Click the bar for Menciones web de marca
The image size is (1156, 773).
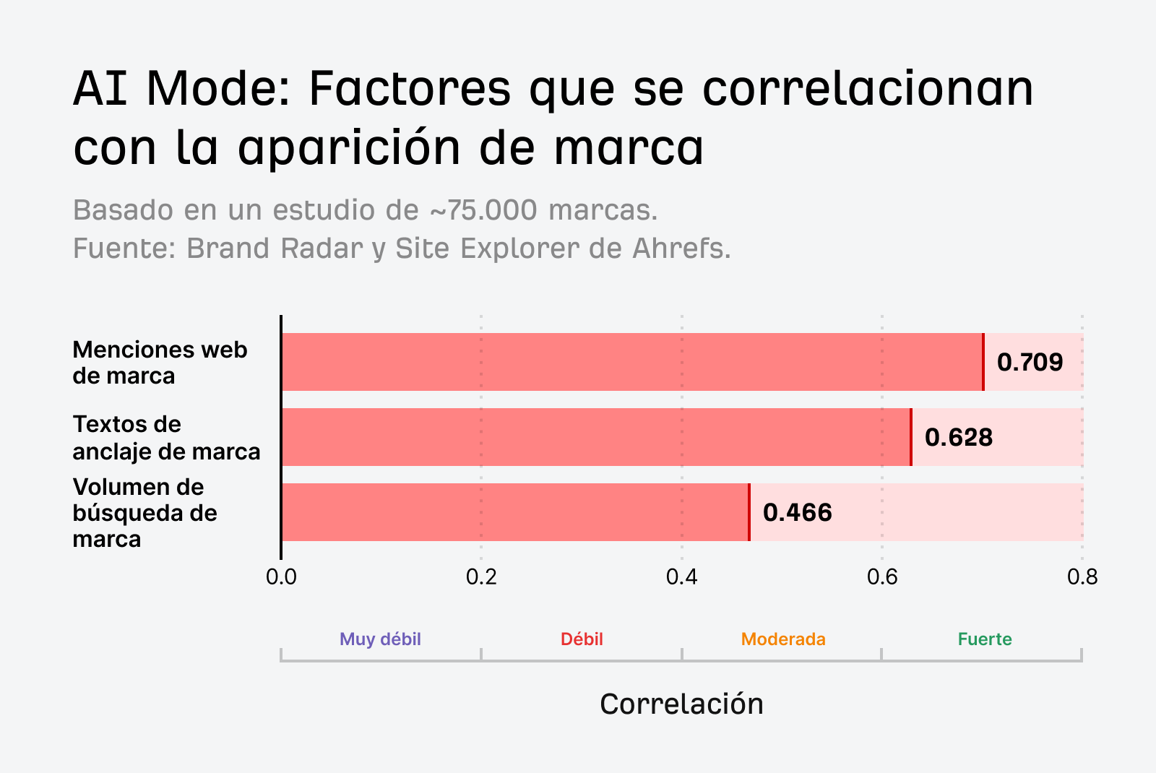pyautogui.click(x=632, y=362)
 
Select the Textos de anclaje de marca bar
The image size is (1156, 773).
pyautogui.click(x=596, y=437)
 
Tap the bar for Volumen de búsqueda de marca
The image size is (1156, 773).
pyautogui.click(x=515, y=512)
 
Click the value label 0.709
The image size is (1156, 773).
pyautogui.click(x=1030, y=362)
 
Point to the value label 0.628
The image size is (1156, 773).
pyautogui.click(x=959, y=437)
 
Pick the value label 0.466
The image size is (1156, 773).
pyautogui.click(x=797, y=512)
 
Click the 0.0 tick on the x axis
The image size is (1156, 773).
pyautogui.click(x=281, y=576)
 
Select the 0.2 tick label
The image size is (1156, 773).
pyautogui.click(x=481, y=576)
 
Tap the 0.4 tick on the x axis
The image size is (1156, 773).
pyautogui.click(x=681, y=576)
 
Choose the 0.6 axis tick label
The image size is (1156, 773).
pyautogui.click(x=881, y=576)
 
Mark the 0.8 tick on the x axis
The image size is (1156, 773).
pyautogui.click(x=1082, y=576)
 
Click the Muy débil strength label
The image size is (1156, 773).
pyautogui.click(x=380, y=639)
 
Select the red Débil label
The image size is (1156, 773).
pyautogui.click(x=582, y=639)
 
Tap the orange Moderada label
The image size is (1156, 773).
pyautogui.click(x=783, y=639)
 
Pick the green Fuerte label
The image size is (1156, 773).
pyautogui.click(x=985, y=639)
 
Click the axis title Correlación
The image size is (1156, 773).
pyautogui.click(x=681, y=704)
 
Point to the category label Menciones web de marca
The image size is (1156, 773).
pyautogui.click(x=160, y=363)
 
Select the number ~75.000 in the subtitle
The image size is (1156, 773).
pyautogui.click(x=483, y=210)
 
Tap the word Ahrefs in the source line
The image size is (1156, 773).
pyautogui.click(x=681, y=249)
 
